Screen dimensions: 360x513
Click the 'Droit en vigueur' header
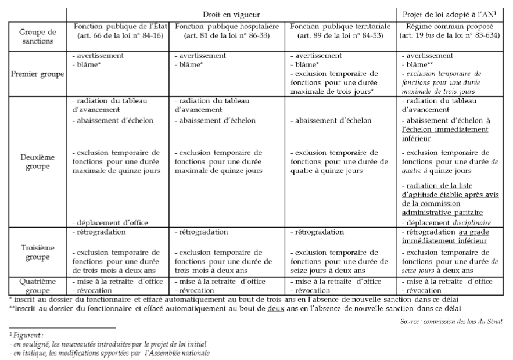[231, 13]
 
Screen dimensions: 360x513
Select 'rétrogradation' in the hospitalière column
[200, 232]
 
